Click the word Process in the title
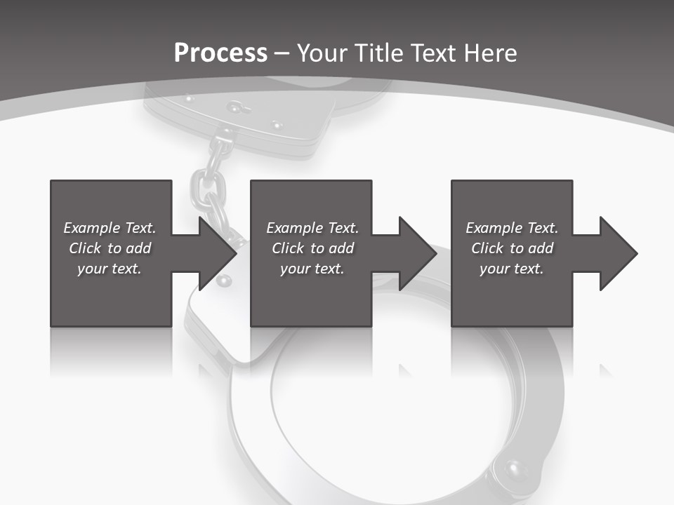(220, 53)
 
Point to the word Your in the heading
(324, 53)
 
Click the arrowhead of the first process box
(218, 253)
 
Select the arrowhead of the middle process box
(418, 253)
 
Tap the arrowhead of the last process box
(618, 253)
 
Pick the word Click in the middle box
(288, 248)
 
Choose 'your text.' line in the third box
(511, 269)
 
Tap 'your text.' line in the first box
(110, 269)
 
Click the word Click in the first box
(85, 248)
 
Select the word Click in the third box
(487, 248)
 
